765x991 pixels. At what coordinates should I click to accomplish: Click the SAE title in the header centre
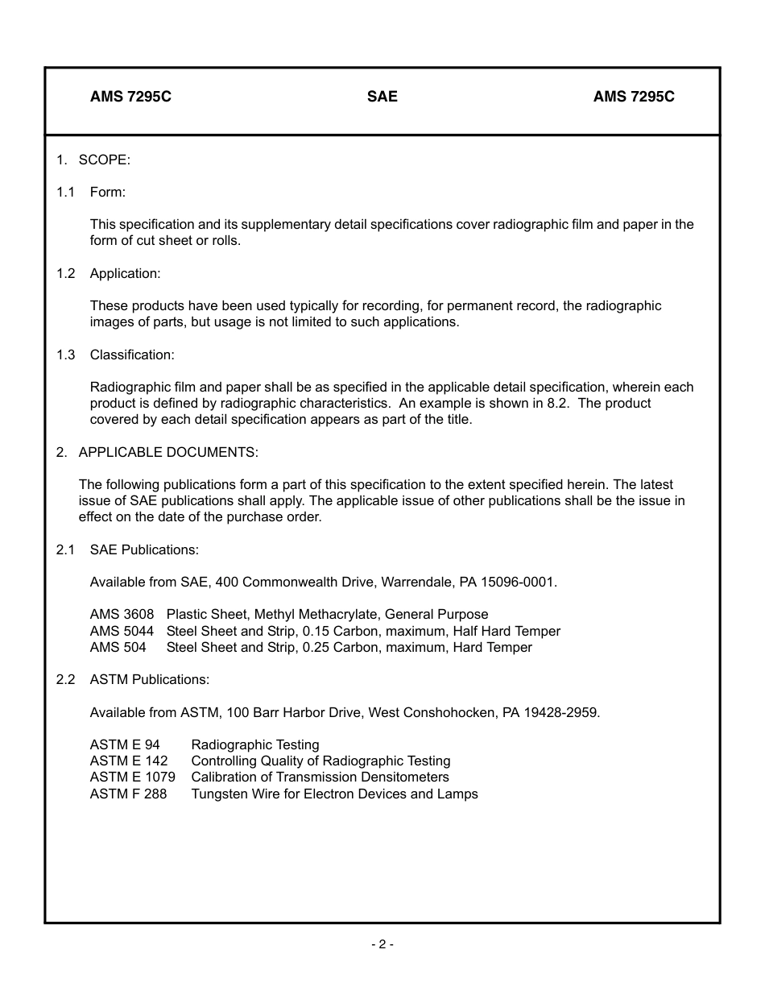[x=382, y=97]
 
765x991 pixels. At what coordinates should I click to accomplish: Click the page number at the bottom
[x=382, y=944]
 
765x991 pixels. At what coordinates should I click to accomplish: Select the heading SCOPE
[x=104, y=160]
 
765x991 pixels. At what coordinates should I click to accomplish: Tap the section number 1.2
[x=65, y=273]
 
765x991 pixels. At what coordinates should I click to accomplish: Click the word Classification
[x=131, y=355]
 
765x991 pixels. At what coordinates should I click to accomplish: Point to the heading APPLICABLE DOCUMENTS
[x=168, y=452]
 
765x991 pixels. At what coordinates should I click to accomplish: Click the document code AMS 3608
[x=122, y=615]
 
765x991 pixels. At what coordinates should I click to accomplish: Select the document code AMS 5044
[x=122, y=631]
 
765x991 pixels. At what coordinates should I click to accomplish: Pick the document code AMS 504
[x=118, y=647]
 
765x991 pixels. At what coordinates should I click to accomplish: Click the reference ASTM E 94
[x=125, y=745]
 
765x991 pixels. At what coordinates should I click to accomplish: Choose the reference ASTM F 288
[x=128, y=794]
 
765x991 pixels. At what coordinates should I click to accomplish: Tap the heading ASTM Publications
[x=149, y=679]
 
